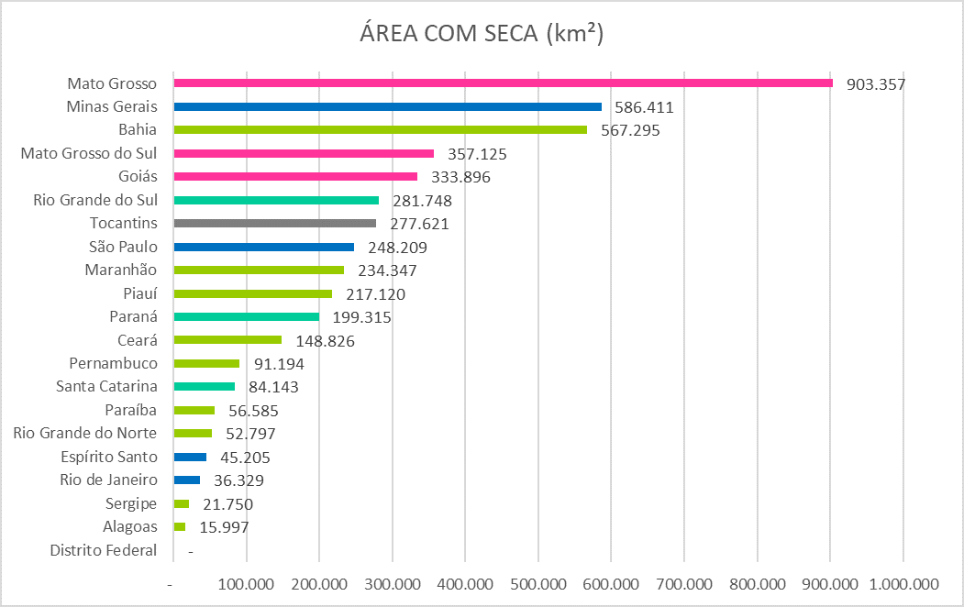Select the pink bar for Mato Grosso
click(x=503, y=83)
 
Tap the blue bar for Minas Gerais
click(x=387, y=106)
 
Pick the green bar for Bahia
click(x=380, y=130)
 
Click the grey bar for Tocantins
click(x=274, y=224)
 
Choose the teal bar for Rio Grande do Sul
click(x=276, y=200)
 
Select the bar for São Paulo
click(x=263, y=247)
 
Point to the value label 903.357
click(x=875, y=84)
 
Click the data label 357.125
click(x=477, y=154)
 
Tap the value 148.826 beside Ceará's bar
click(x=325, y=341)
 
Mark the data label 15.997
click(x=224, y=527)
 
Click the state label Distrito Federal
click(x=104, y=550)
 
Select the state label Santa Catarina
click(x=107, y=387)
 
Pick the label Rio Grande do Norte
click(x=85, y=434)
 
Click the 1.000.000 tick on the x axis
click(x=903, y=584)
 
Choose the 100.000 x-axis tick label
click(x=246, y=584)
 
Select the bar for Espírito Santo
click(x=190, y=457)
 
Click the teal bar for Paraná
click(x=246, y=317)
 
